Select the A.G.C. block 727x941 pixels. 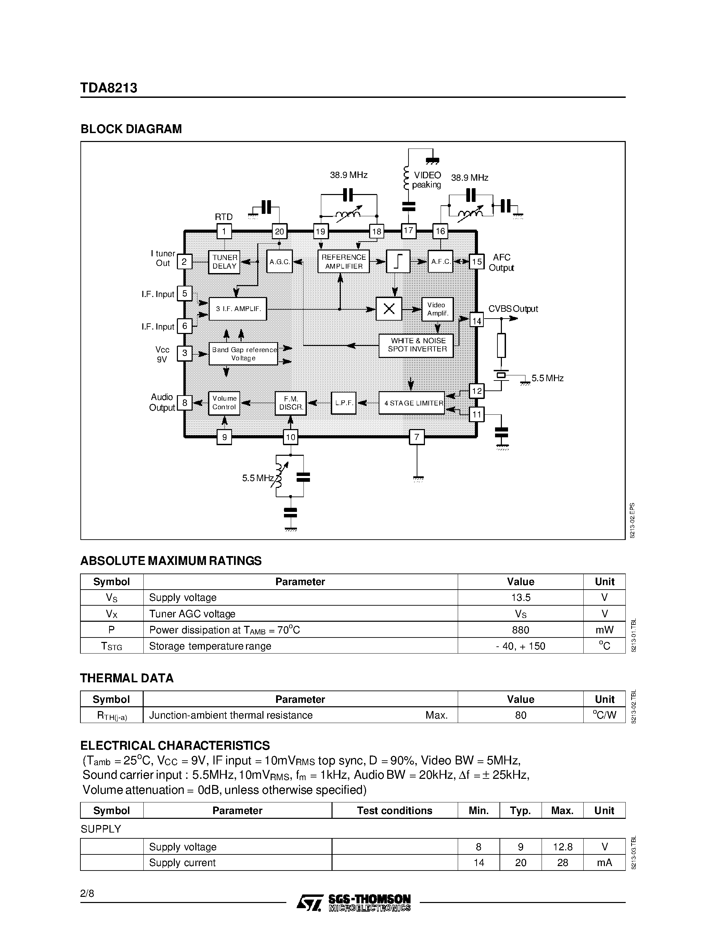point(280,261)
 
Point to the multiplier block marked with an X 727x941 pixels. point(389,309)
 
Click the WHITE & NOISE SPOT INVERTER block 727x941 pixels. point(416,345)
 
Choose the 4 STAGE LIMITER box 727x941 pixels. point(412,403)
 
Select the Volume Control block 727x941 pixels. point(224,403)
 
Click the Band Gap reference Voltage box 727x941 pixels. point(243,354)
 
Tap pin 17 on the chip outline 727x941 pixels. point(408,231)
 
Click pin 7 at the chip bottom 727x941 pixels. point(416,437)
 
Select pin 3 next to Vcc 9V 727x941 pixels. point(185,354)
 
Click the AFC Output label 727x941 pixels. point(501,262)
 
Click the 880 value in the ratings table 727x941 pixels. point(520,630)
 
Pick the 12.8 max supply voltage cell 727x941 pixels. point(562,847)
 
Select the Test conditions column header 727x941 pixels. point(394,810)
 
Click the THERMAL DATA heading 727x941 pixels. point(127,678)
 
